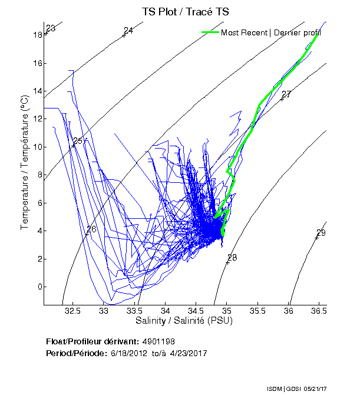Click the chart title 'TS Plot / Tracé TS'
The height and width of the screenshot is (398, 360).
point(186,11)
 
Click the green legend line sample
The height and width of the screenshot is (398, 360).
point(210,32)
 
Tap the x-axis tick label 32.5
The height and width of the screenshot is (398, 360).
point(73,311)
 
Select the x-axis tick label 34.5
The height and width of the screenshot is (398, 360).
point(196,311)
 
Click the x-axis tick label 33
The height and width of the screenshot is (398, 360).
point(104,311)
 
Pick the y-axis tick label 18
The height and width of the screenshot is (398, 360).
point(37,35)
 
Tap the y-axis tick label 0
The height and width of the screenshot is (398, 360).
point(39,287)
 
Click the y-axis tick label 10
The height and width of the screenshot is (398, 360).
point(37,147)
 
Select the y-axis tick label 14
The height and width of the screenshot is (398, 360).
point(37,91)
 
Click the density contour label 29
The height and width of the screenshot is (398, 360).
point(321,232)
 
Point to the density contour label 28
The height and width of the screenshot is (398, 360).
point(232,258)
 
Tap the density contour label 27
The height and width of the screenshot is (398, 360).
point(286,94)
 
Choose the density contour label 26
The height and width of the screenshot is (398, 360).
point(91,229)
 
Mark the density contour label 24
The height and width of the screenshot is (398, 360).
point(128,31)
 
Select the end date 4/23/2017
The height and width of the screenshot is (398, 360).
point(189,353)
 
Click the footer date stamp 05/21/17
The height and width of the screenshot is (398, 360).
point(332,389)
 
